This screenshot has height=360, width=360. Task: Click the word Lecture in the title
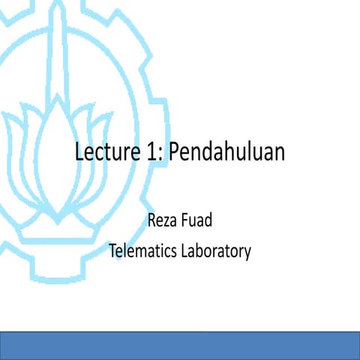point(105,152)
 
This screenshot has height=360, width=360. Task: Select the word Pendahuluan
point(226,152)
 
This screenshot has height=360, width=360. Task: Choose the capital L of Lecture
point(79,152)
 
